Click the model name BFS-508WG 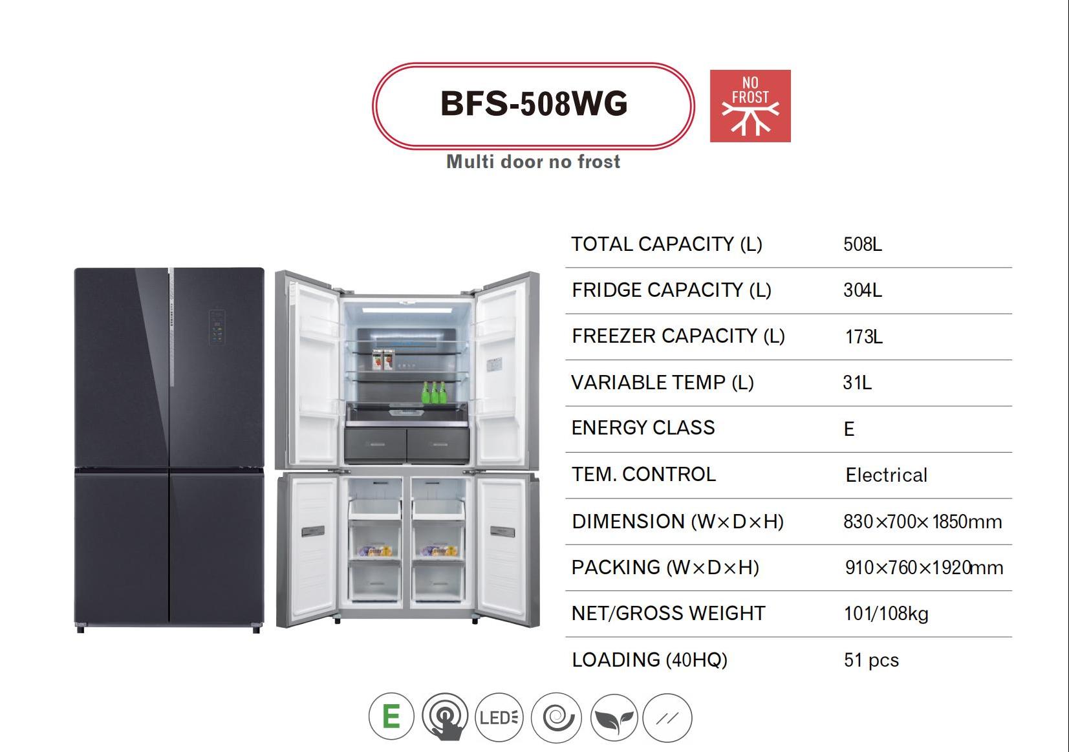534,104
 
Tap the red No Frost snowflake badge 750,106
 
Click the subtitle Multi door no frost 533,162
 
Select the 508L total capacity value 862,244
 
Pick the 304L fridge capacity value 862,290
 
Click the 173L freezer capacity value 863,337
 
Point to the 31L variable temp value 857,383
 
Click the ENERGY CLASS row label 643,427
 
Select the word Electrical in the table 886,475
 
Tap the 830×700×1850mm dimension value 922,522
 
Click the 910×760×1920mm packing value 923,568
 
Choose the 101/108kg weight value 886,614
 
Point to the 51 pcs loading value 871,660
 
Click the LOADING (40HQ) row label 649,660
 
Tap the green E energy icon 391,717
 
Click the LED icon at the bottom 499,717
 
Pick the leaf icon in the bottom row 614,718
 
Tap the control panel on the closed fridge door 217,327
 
